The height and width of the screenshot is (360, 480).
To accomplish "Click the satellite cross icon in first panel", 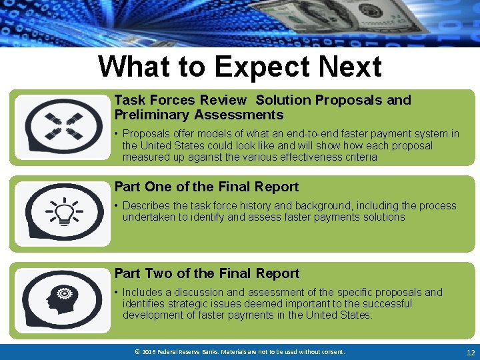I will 64,125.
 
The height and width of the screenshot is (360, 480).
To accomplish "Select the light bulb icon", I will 64,213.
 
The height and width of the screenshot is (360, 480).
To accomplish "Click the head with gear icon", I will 64,299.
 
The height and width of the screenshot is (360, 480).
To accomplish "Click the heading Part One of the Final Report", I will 207,187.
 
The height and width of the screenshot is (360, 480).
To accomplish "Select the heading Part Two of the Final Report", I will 207,273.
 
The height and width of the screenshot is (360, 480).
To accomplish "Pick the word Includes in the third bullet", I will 144,293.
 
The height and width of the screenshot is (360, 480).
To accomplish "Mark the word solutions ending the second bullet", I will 382,217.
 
